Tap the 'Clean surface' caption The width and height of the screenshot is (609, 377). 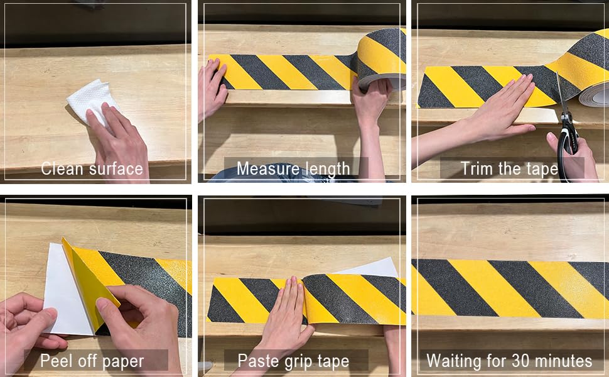[92, 168]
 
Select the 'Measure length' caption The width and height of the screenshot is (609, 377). [293, 168]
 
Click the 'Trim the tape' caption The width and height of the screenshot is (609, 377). [509, 168]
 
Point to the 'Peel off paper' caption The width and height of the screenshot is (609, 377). [92, 361]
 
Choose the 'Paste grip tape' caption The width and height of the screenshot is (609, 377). [293, 361]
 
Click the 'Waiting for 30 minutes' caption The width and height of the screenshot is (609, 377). [509, 361]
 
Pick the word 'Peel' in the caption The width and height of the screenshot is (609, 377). [55, 361]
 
